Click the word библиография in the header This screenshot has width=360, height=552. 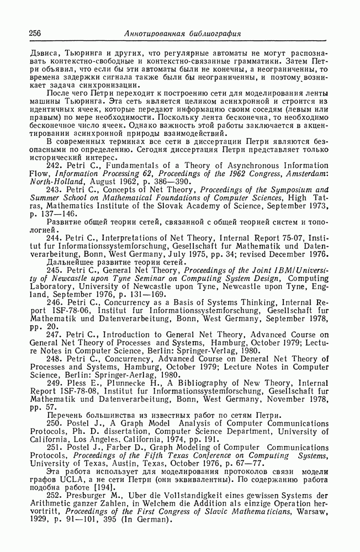[212, 34]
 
